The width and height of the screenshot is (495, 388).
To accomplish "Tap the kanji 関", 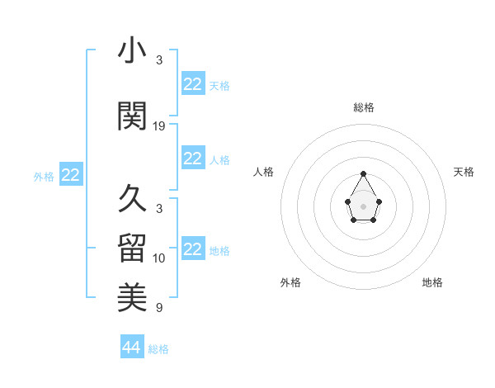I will pyautogui.click(x=133, y=116).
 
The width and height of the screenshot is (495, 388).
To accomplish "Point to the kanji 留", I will pyautogui.click(x=133, y=248).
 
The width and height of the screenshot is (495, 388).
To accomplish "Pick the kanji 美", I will pyautogui.click(x=133, y=298).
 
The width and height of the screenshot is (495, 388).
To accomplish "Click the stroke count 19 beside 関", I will pyautogui.click(x=159, y=126).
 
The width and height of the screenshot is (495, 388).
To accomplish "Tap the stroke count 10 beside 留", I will pyautogui.click(x=159, y=258).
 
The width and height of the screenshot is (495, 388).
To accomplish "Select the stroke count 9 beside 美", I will pyautogui.click(x=159, y=308).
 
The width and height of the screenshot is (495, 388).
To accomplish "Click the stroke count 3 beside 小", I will pyautogui.click(x=159, y=60).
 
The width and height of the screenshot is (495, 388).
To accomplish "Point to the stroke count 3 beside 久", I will pyautogui.click(x=159, y=209).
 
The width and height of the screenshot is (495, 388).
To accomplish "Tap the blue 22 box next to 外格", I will pyautogui.click(x=70, y=174).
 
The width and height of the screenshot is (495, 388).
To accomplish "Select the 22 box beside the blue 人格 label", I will pyautogui.click(x=192, y=159).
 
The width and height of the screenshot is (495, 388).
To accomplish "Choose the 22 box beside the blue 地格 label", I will pyautogui.click(x=192, y=249).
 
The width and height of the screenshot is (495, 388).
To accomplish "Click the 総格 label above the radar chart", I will pyautogui.click(x=364, y=107).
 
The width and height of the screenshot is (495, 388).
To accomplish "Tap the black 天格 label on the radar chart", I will pyautogui.click(x=464, y=172).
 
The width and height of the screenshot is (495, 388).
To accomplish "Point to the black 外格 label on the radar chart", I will pyautogui.click(x=290, y=282).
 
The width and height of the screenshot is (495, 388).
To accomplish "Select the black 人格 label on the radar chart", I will pyautogui.click(x=264, y=172).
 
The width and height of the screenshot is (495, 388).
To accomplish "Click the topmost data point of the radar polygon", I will pyautogui.click(x=363, y=173).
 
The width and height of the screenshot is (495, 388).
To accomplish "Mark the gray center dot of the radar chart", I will pyautogui.click(x=363, y=205).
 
